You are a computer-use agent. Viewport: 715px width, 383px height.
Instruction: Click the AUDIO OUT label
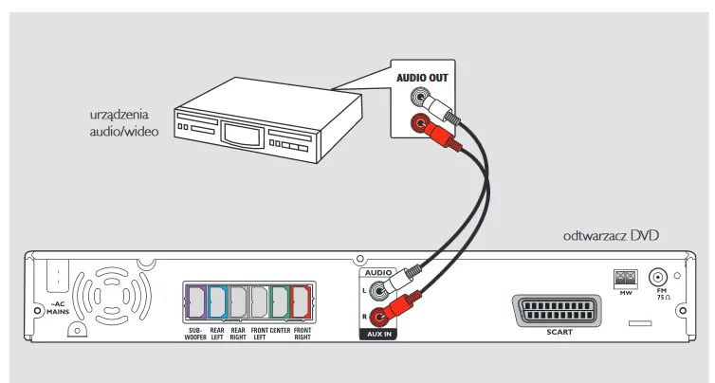coord(422,76)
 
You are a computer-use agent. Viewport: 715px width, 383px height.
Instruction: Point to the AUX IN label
coord(378,335)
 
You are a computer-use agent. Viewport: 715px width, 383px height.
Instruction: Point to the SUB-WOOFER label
coord(196,334)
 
